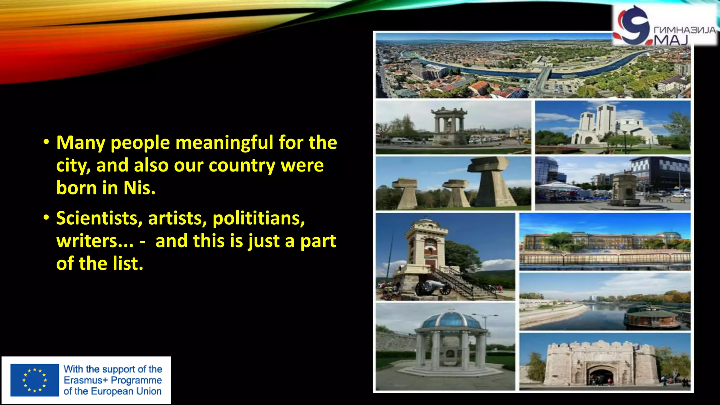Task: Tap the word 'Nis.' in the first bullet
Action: tap(139, 188)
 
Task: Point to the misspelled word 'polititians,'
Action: tap(258, 218)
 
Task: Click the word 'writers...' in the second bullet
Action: tap(95, 241)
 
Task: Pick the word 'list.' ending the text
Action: tap(128, 264)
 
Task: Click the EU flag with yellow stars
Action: tap(34, 380)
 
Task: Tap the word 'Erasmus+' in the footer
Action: tap(85, 380)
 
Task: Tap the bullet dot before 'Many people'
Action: tap(46, 142)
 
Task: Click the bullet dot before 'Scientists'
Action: tap(46, 218)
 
